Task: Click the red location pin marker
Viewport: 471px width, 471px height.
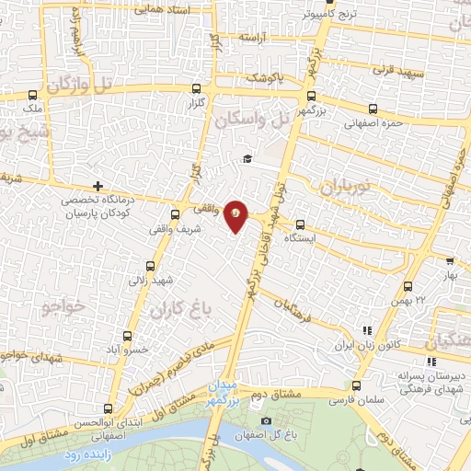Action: point(236,215)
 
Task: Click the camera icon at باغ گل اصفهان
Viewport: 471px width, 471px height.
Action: point(266,421)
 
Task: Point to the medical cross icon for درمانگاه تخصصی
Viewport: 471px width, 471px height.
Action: point(98,186)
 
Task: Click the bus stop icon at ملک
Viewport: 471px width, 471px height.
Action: point(34,95)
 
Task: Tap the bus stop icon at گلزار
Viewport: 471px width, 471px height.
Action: point(196,90)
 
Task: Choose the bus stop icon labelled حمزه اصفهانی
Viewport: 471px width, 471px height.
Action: point(372,108)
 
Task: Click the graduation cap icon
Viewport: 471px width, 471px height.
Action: point(247,159)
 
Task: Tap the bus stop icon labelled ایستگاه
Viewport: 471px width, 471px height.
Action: point(300,223)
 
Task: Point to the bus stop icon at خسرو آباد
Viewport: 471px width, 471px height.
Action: point(127,336)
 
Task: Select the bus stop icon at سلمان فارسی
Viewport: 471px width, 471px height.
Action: point(356,385)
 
